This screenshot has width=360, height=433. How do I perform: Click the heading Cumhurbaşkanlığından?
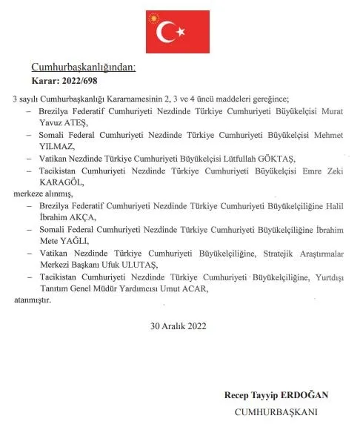pos(84,67)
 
